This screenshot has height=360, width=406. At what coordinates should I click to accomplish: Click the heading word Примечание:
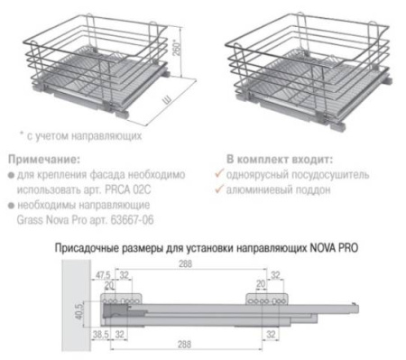coord(41,158)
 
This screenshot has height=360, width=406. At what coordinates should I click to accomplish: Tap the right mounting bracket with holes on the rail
coord(267,295)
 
